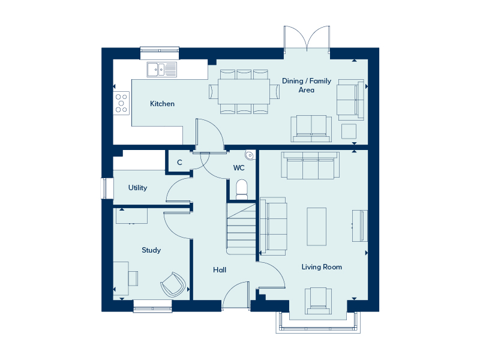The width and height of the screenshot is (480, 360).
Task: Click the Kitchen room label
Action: (x=162, y=104)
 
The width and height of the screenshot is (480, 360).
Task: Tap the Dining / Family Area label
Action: (x=307, y=85)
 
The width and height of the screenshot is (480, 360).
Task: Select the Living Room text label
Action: (x=322, y=267)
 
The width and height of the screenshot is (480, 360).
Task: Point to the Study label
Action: (x=151, y=250)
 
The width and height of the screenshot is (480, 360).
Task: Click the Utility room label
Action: (x=137, y=188)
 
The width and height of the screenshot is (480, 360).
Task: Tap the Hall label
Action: (x=220, y=269)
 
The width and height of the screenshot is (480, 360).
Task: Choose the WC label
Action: (x=239, y=168)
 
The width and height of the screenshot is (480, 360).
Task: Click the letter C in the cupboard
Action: (x=179, y=163)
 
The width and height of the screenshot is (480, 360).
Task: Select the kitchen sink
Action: (x=161, y=70)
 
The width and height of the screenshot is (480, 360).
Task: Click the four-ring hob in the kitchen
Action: (x=121, y=103)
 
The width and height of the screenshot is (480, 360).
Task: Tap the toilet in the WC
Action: (x=242, y=190)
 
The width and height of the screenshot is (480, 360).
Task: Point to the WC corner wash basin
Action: (x=250, y=155)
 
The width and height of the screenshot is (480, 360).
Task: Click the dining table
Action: (x=244, y=92)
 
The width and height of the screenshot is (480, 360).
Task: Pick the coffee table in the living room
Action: (x=317, y=227)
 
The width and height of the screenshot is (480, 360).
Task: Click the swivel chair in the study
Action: (x=173, y=284)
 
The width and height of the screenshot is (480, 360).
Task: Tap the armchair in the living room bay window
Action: (x=318, y=301)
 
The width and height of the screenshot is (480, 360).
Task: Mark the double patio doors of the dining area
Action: (x=307, y=38)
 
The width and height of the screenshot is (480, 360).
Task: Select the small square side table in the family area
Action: (x=349, y=131)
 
